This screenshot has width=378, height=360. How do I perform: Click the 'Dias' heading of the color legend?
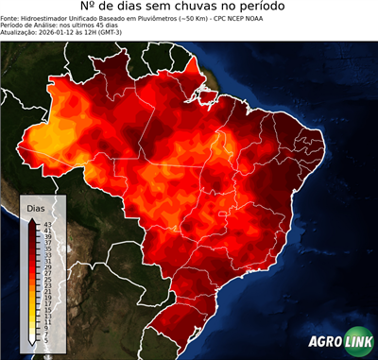[36, 207]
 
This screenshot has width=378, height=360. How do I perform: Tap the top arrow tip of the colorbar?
[33, 218]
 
